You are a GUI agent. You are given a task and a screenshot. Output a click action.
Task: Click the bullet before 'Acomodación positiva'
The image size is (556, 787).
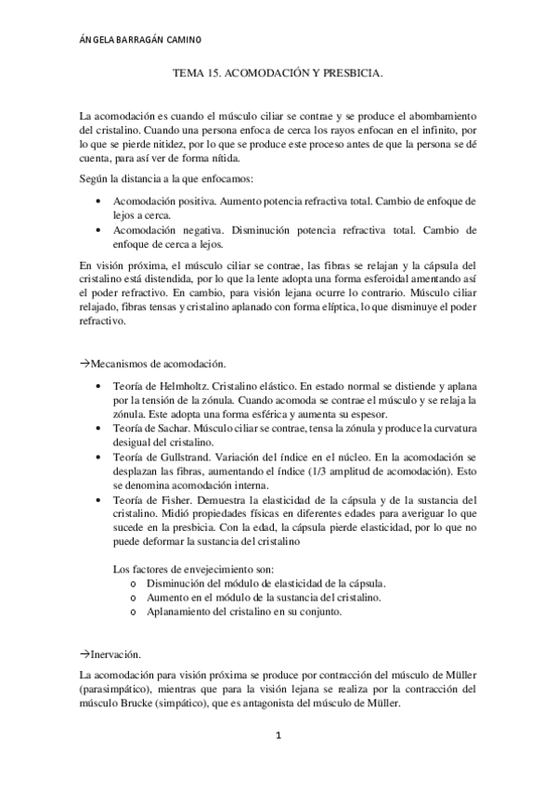click(x=99, y=200)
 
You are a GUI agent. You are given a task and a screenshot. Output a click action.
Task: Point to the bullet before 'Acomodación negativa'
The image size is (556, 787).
click(x=99, y=229)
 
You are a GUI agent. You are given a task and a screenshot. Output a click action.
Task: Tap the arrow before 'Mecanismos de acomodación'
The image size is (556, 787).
click(x=84, y=365)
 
